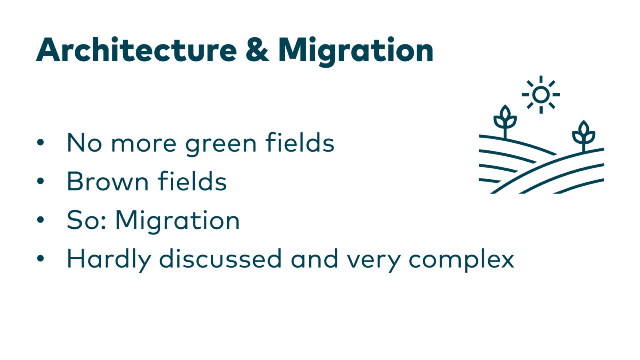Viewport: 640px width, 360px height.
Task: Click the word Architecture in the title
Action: tap(136, 50)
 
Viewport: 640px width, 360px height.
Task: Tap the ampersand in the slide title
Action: tap(257, 50)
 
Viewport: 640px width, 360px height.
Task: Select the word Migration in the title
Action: tap(356, 51)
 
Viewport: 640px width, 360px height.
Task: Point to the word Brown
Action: tap(107, 182)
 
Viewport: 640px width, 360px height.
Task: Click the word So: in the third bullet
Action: tap(86, 220)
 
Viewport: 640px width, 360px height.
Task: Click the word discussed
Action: tap(220, 258)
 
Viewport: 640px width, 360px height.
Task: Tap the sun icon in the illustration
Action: tap(541, 95)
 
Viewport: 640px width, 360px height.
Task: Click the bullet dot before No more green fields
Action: tap(40, 142)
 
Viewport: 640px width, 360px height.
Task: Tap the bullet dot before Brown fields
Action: tap(40, 181)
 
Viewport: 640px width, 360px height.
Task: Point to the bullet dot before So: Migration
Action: tap(40, 220)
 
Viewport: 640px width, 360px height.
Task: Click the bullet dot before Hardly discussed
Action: tap(40, 258)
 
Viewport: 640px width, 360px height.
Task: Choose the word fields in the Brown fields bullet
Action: tap(192, 181)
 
